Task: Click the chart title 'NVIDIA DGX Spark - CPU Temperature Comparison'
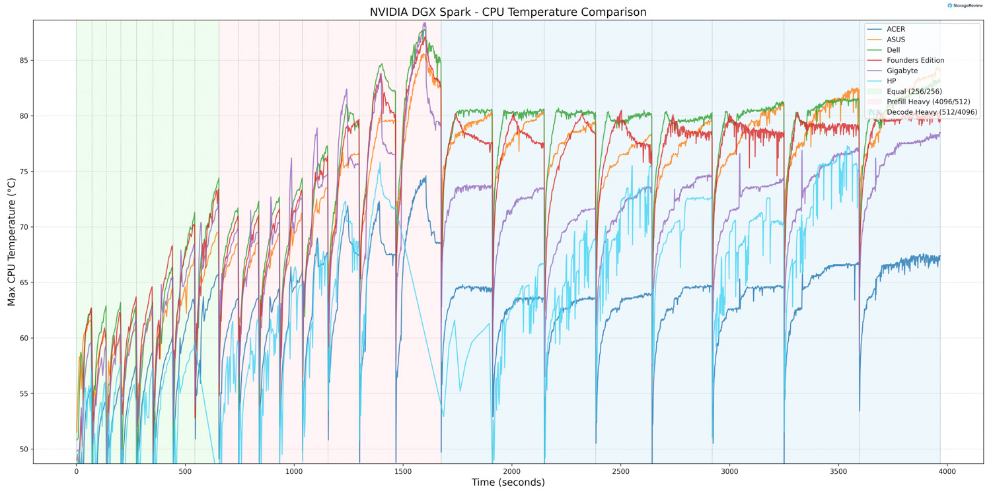[507, 12]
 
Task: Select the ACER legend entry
[896, 29]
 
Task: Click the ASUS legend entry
[896, 40]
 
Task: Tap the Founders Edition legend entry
[915, 61]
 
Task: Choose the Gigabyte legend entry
[902, 71]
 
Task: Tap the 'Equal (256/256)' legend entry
[914, 92]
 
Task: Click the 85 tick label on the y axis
[24, 61]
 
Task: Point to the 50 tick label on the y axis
[24, 449]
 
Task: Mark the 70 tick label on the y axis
[24, 228]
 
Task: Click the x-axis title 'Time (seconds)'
[507, 483]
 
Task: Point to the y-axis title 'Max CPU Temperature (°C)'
[11, 241]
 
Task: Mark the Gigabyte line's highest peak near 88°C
[424, 23]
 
